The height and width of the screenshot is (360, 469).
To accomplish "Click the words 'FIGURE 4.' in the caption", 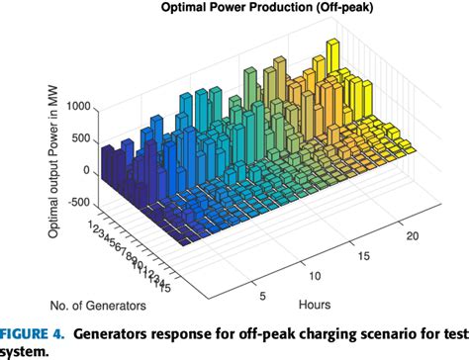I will click(x=34, y=330).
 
